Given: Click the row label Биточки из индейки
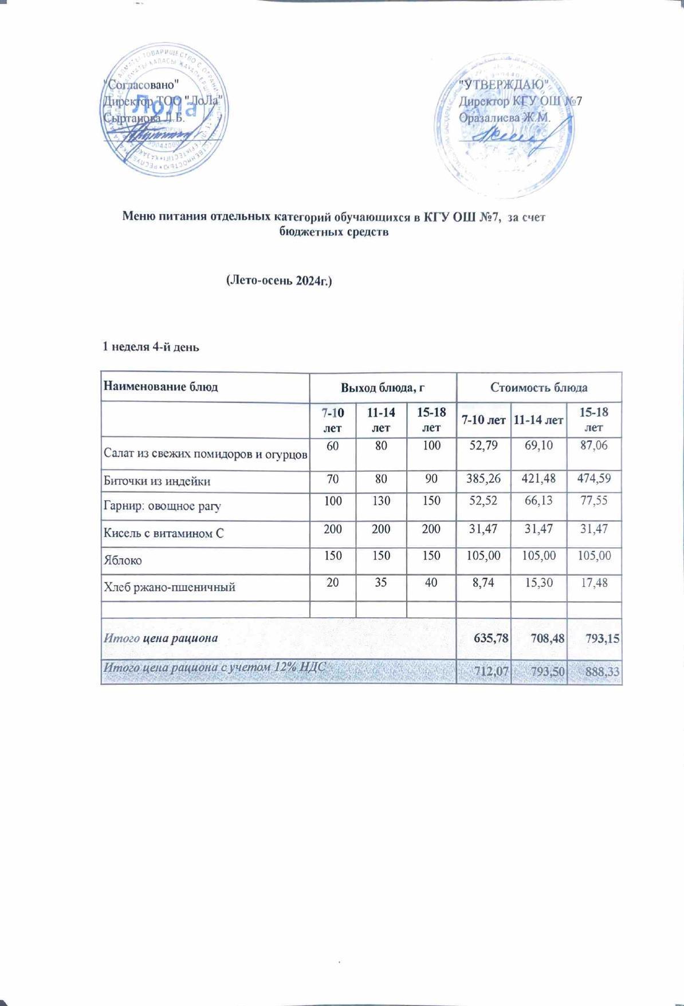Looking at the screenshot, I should pyautogui.click(x=156, y=481).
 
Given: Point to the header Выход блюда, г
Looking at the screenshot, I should pyautogui.click(x=382, y=388).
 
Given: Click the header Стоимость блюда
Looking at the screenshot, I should pyautogui.click(x=538, y=388).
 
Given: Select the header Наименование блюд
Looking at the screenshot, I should pyautogui.click(x=160, y=386).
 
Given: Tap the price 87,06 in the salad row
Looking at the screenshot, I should pyautogui.click(x=593, y=445).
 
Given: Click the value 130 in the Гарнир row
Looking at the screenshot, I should pyautogui.click(x=381, y=501).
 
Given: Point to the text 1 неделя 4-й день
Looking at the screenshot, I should pyautogui.click(x=151, y=347).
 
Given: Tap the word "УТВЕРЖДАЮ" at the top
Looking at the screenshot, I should pyautogui.click(x=505, y=85).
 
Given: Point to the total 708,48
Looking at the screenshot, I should pyautogui.click(x=538, y=637).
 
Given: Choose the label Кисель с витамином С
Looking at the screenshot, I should pyautogui.click(x=163, y=533).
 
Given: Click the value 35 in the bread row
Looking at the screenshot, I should pyautogui.click(x=381, y=583).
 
